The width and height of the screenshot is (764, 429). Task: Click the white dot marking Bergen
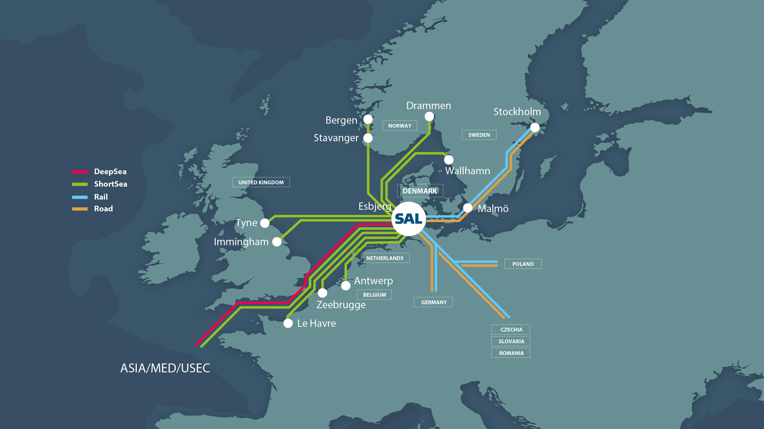click(368, 119)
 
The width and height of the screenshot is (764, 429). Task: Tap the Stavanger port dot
click(368, 138)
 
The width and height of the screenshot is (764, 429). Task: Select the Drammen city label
click(428, 106)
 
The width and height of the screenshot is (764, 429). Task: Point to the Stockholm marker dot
click(535, 128)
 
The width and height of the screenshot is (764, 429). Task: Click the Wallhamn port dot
click(449, 160)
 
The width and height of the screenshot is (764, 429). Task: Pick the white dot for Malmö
click(468, 208)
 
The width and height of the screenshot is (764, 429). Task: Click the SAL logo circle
click(409, 219)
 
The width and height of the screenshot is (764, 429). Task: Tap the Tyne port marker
click(265, 223)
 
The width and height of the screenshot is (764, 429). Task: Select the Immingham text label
click(241, 242)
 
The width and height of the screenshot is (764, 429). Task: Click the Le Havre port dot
click(288, 323)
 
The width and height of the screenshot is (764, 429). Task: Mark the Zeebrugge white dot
click(322, 293)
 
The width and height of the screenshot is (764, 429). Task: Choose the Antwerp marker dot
click(346, 286)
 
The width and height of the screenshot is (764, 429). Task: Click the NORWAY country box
click(400, 126)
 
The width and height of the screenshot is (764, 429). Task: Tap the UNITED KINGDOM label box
click(261, 182)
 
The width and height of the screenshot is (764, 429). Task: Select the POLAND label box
click(523, 264)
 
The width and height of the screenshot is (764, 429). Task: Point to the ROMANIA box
click(511, 353)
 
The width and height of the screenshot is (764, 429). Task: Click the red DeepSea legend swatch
click(80, 172)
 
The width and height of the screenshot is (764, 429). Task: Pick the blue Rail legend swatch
click(80, 197)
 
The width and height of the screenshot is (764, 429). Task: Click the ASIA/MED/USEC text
click(165, 368)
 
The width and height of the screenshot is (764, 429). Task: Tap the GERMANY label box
click(433, 302)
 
